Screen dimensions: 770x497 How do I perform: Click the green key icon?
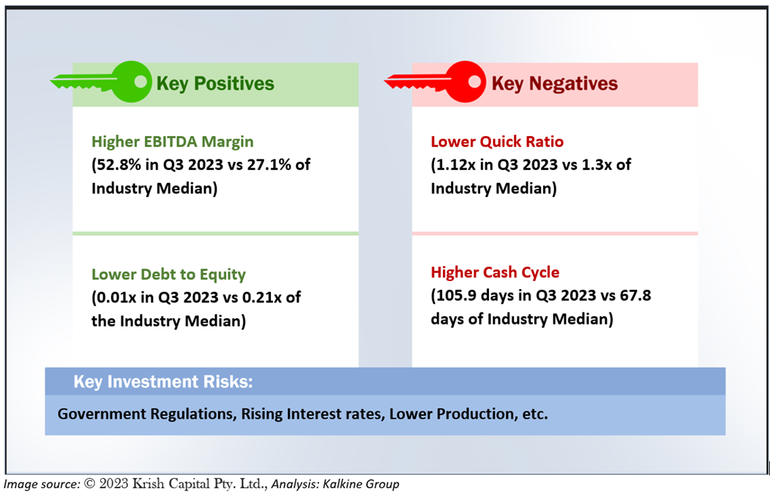point(102,81)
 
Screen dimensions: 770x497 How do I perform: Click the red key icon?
point(435,81)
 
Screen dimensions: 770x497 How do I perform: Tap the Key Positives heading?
point(215,83)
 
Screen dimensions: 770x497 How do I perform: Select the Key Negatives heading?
point(554,83)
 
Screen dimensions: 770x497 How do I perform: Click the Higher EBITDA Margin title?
point(172,141)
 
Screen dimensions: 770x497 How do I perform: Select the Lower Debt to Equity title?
point(168,274)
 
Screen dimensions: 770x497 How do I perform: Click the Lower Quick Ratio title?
point(497,141)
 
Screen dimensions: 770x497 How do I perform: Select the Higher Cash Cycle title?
point(495,272)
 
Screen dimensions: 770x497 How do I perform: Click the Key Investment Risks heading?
point(163,381)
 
